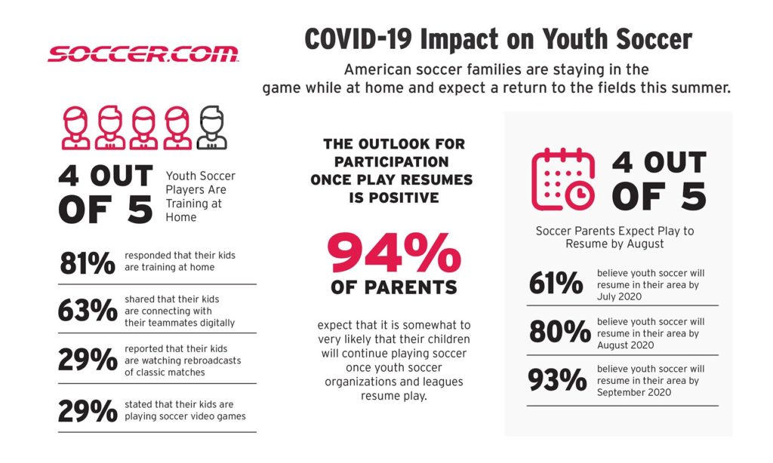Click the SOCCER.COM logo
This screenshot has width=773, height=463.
[x=143, y=54]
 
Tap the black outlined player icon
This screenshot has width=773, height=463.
[x=211, y=127]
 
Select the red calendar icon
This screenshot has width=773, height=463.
[x=563, y=179]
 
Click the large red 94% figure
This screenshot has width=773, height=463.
[x=394, y=253]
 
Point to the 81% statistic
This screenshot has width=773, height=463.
[x=88, y=263]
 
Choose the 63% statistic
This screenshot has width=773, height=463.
[x=88, y=311]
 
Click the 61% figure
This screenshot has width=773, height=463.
[x=556, y=284]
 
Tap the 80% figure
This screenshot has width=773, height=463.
[x=559, y=332]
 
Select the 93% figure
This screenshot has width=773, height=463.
[x=558, y=380]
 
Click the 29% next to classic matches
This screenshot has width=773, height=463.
[x=88, y=360]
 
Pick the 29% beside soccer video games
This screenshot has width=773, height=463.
[x=88, y=411]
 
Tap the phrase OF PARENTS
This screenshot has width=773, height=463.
[x=394, y=287]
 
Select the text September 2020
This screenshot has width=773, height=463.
[x=634, y=393]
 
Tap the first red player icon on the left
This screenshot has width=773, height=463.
[x=75, y=127]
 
